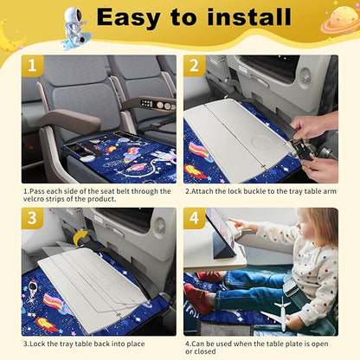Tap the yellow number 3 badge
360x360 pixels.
(x=33, y=219)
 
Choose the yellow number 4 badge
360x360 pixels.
(x=195, y=219)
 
